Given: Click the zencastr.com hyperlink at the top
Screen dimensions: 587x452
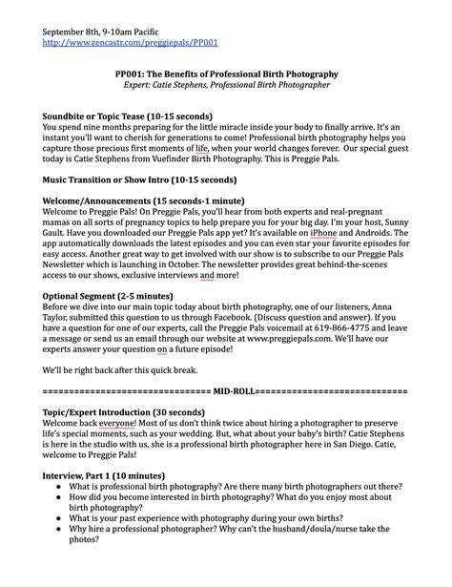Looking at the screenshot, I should click(x=131, y=43).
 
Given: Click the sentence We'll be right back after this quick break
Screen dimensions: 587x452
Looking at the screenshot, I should click(x=124, y=371).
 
